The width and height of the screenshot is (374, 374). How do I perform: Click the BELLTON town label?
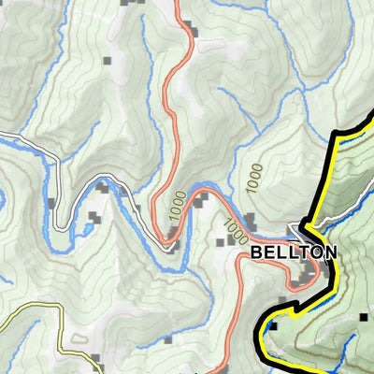294,252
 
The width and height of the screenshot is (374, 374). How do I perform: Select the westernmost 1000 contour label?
176,212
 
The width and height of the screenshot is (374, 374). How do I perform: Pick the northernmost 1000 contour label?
253,177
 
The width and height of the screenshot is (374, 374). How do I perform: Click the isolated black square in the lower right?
364,319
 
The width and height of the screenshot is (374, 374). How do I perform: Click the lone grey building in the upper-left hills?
107,62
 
